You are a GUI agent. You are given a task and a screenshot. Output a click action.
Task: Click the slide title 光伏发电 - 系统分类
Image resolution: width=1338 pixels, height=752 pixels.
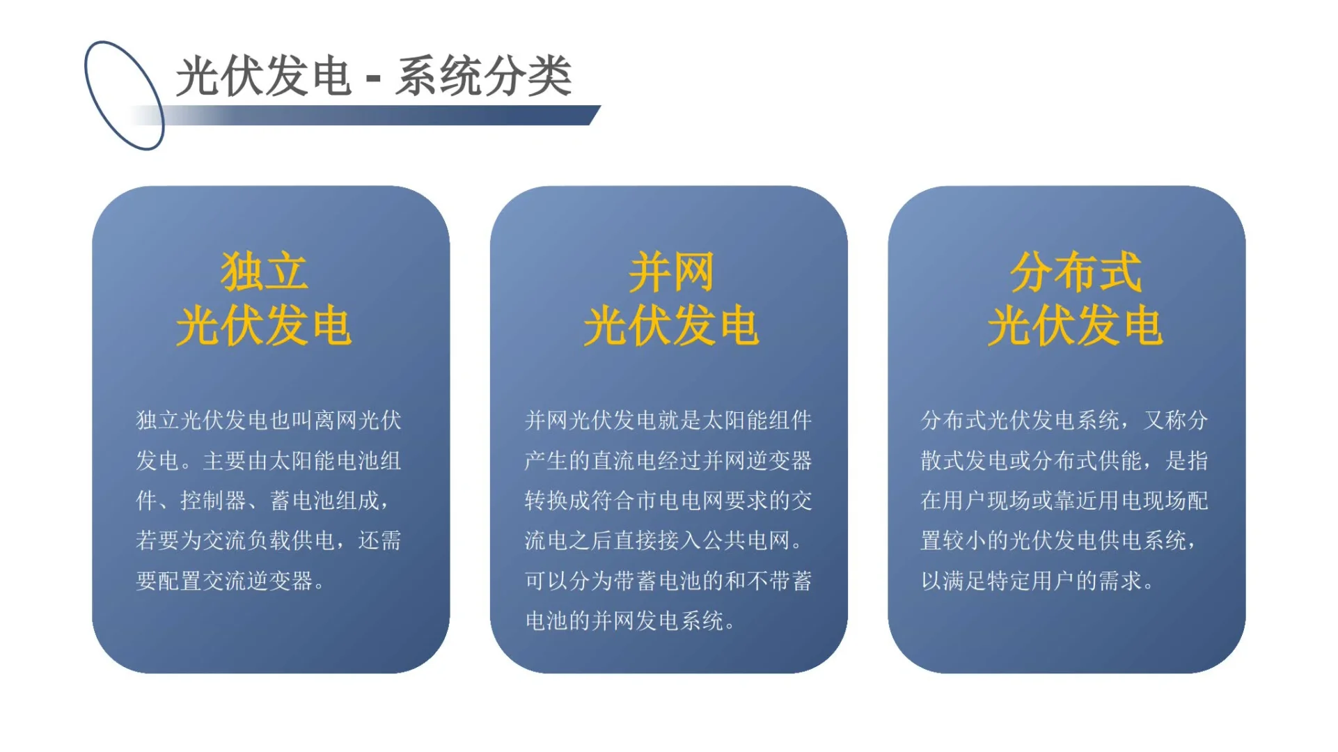tap(373, 76)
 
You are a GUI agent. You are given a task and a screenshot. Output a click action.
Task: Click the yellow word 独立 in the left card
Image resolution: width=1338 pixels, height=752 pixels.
tap(264, 272)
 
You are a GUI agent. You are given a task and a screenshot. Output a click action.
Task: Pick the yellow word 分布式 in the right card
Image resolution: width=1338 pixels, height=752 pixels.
tap(1075, 272)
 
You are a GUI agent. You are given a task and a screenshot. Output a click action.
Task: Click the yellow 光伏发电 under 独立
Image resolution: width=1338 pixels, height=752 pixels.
tap(264, 326)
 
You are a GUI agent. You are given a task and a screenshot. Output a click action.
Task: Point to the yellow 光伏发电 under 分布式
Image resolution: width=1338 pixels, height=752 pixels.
tap(1075, 326)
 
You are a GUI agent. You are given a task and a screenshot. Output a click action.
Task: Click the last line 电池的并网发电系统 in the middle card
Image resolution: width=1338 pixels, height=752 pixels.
tap(624, 621)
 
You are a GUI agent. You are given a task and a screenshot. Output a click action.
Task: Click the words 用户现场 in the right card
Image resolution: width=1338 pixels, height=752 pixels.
tap(987, 501)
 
